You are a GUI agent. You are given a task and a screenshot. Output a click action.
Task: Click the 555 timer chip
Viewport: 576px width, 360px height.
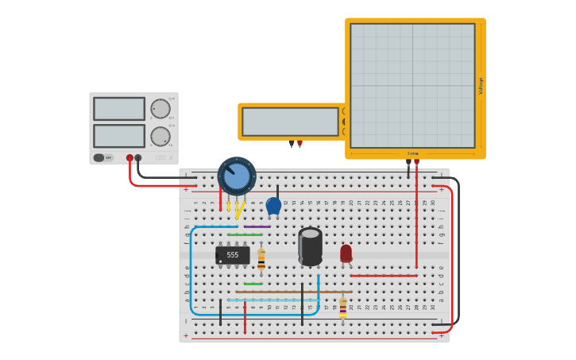point(232,255)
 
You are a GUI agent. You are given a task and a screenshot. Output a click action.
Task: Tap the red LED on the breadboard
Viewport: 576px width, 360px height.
point(346,253)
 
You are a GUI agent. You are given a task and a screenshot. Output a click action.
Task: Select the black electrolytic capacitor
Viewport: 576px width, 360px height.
point(310,246)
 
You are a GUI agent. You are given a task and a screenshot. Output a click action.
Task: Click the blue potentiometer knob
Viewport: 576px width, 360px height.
point(237,176)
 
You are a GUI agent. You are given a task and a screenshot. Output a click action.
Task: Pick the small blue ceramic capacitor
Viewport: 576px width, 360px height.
point(273,206)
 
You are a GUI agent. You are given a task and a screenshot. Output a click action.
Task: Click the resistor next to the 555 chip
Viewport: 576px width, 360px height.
point(261,259)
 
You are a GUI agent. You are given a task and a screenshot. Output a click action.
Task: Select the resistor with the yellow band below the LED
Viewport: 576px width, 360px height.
point(343,308)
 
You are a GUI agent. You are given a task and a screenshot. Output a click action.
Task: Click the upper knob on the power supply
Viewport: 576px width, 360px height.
point(160,109)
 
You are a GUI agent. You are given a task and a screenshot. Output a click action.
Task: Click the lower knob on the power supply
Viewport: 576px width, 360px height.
point(160,137)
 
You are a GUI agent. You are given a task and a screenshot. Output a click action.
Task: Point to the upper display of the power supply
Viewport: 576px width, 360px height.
point(119,109)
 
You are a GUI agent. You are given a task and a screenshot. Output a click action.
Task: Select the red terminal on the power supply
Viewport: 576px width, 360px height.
point(130,158)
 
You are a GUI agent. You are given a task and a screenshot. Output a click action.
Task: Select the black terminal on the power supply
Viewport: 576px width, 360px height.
point(138,158)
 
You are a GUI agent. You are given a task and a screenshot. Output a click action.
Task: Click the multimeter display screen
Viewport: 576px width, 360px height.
point(290,122)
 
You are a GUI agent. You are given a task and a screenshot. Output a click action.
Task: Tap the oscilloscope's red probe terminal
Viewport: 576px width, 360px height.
point(416,162)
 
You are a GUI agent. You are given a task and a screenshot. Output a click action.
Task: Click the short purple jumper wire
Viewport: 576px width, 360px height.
point(257,226)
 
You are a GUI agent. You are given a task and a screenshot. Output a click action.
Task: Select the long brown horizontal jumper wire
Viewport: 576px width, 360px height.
point(294,292)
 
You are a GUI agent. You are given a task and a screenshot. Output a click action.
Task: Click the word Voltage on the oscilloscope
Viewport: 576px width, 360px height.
point(481,86)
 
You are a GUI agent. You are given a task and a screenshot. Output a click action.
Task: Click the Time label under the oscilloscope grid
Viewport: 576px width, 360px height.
point(412,153)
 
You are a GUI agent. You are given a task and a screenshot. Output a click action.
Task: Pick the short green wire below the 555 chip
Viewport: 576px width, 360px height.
point(253,284)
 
